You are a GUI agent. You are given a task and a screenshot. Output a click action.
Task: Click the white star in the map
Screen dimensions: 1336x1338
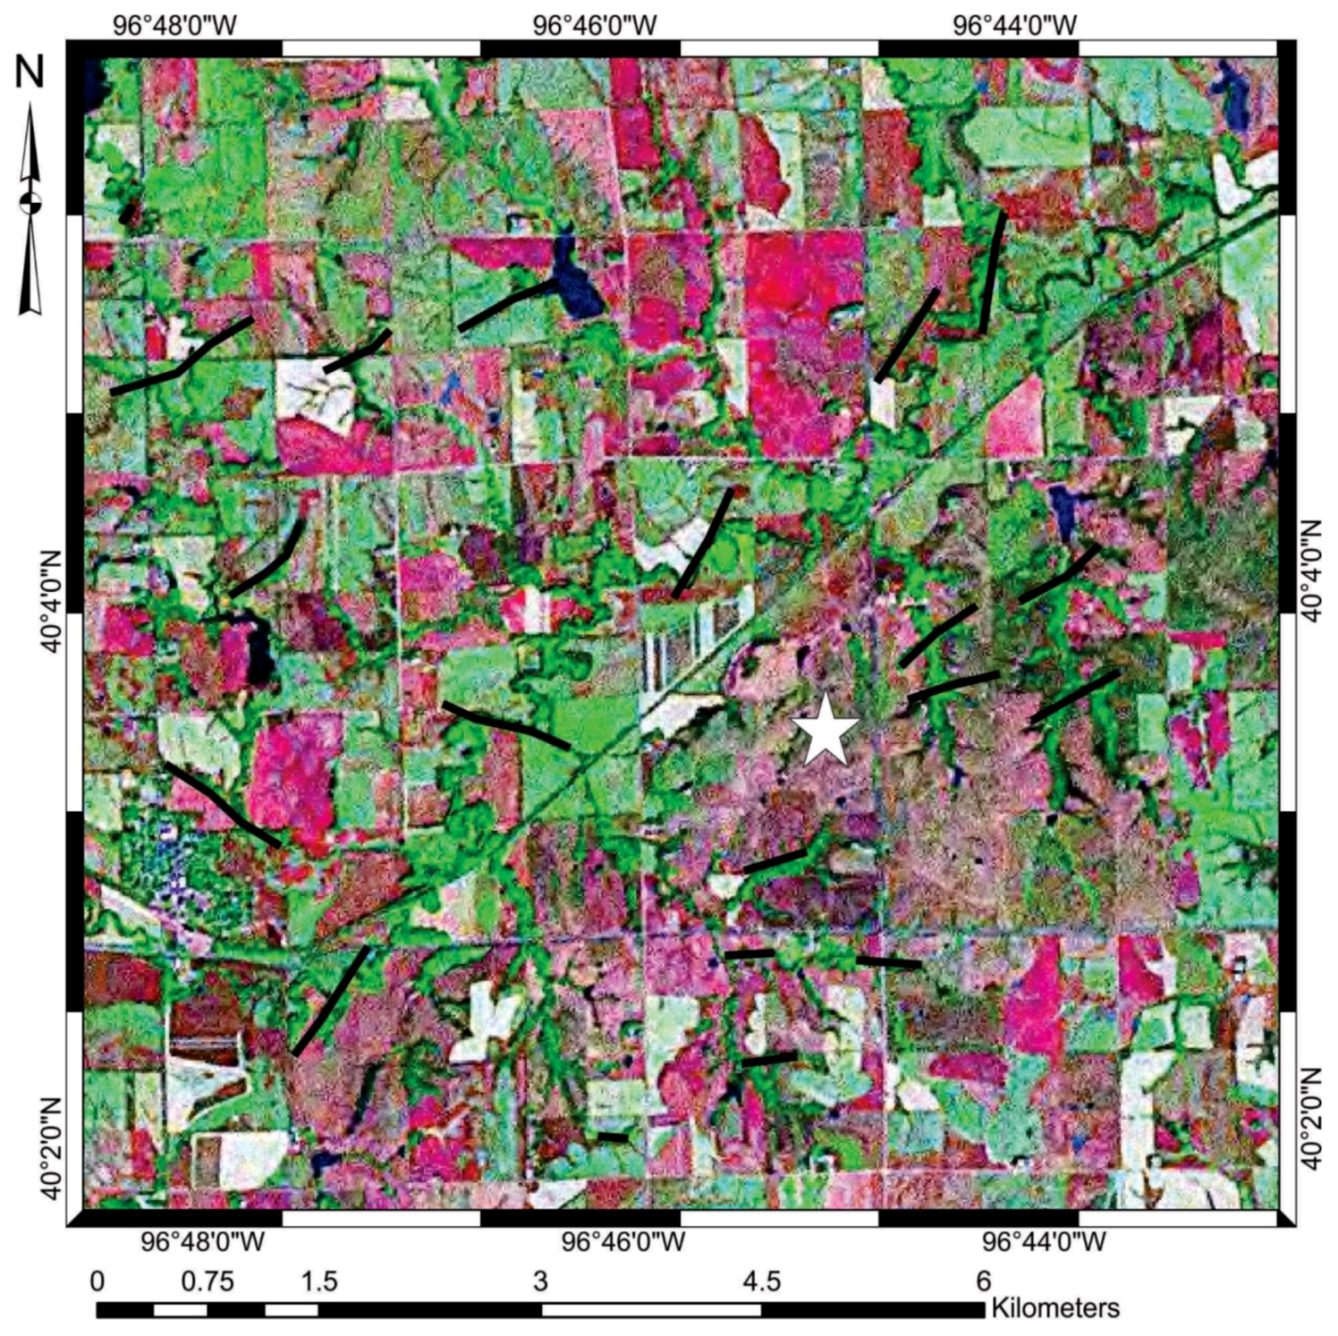pyautogui.click(x=825, y=728)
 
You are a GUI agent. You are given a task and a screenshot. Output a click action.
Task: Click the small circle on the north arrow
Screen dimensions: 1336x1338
pyautogui.click(x=31, y=200)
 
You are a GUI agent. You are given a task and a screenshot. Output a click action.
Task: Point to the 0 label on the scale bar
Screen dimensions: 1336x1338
pyautogui.click(x=97, y=1281)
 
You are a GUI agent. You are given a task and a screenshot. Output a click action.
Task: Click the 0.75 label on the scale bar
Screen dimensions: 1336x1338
pyautogui.click(x=209, y=1281)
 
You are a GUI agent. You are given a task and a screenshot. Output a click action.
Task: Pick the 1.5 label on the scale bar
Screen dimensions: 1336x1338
pyautogui.click(x=319, y=1281)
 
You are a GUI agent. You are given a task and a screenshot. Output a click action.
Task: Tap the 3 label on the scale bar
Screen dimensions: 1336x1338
pyautogui.click(x=540, y=1281)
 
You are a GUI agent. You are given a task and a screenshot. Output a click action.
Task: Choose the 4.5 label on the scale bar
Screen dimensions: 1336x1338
pyautogui.click(x=761, y=1281)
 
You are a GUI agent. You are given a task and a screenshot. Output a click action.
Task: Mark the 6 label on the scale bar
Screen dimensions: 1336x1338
pyautogui.click(x=983, y=1281)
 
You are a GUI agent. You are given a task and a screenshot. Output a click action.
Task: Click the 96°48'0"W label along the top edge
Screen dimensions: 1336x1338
pyautogui.click(x=177, y=23)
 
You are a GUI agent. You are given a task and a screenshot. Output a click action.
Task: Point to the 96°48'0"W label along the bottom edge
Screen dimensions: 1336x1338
pyautogui.click(x=203, y=1242)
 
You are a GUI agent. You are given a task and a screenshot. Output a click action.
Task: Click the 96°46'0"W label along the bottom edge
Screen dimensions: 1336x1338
pyautogui.click(x=624, y=1242)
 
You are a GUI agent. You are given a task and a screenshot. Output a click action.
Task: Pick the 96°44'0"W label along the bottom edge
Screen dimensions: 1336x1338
pyautogui.click(x=1045, y=1242)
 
